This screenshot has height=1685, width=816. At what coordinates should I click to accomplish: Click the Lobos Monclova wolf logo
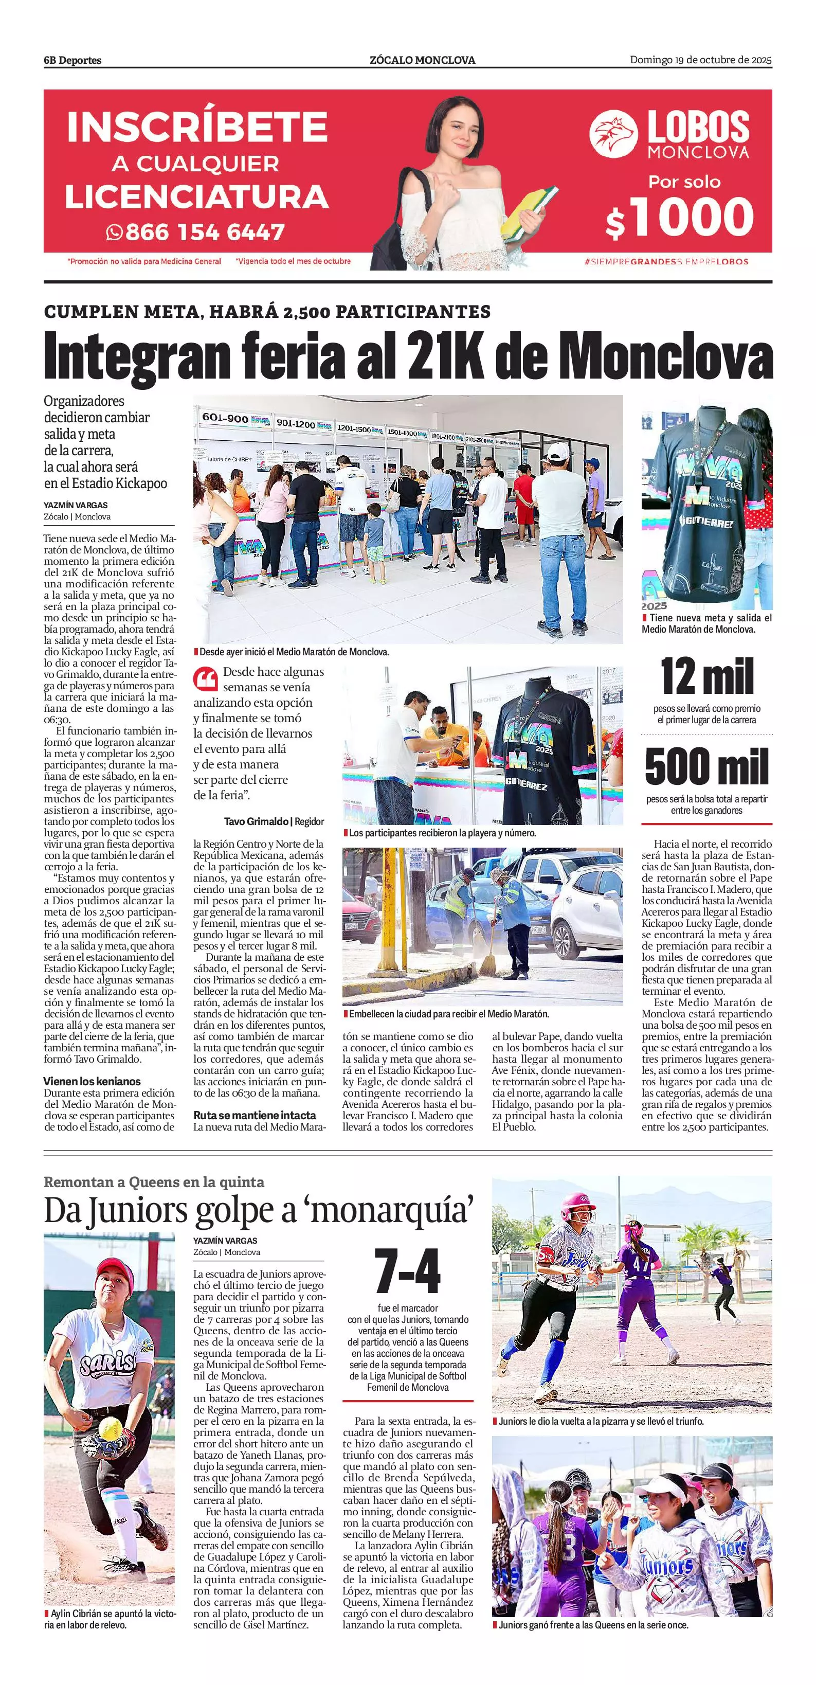[x=613, y=133]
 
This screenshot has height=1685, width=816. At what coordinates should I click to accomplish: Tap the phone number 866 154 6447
[x=204, y=231]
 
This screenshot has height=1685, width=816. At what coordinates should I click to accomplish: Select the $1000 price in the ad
[x=680, y=217]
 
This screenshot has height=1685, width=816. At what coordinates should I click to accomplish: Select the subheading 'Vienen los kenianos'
[x=92, y=1081]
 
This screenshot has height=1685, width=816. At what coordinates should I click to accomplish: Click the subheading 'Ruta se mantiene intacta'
[x=255, y=1115]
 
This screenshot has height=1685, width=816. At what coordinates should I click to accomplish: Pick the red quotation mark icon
[x=205, y=679]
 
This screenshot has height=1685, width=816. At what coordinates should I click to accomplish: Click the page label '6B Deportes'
[x=72, y=60]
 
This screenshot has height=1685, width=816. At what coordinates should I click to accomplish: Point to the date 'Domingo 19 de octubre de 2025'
[x=700, y=60]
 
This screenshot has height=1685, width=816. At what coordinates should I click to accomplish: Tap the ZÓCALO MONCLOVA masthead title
[x=422, y=60]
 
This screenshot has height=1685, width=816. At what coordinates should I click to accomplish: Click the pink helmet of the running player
[x=578, y=1202]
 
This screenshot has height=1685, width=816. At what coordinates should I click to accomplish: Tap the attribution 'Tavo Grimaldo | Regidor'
[x=274, y=821]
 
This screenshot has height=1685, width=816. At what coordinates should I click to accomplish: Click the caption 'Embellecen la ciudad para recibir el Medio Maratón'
[x=448, y=1014]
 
